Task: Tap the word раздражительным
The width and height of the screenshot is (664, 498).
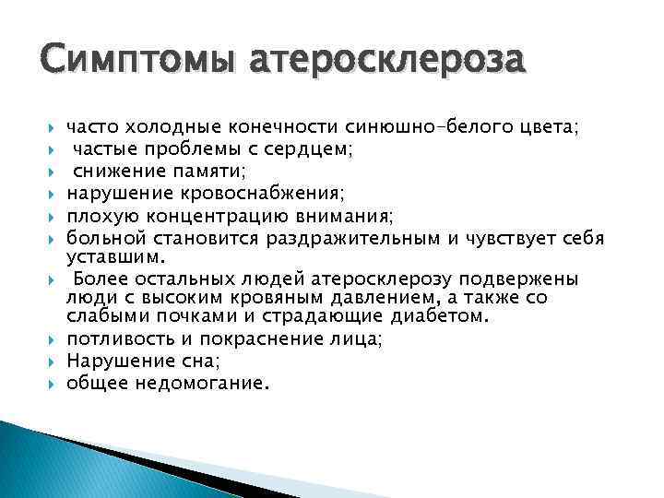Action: tap(354, 238)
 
